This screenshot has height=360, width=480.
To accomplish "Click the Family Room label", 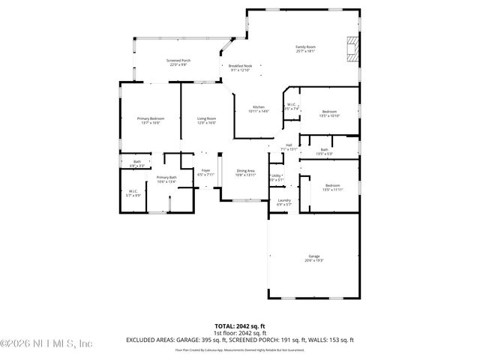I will tap(305, 49).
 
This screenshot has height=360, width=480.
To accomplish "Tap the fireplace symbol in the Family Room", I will tap(352, 49).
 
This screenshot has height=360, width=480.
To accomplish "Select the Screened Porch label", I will tap(178, 62).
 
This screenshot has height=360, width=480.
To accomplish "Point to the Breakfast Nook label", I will tap(240, 67).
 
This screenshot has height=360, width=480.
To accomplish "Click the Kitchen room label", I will tap(258, 109).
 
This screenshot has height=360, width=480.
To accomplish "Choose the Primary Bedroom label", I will tap(150, 120).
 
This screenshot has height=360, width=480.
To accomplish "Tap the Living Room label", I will tap(206, 120).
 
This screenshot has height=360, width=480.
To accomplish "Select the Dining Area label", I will tap(246, 172).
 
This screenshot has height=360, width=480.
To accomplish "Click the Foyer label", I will tap(205, 172).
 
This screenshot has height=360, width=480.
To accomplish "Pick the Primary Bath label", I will tap(166, 179).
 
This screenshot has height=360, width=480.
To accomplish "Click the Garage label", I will tap(312, 258).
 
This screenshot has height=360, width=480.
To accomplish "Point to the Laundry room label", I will tap(284, 202).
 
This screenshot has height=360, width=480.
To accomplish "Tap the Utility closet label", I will tap(276, 177).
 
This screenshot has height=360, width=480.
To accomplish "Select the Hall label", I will tap(289, 147).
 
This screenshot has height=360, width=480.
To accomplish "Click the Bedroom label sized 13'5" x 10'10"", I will tap(330, 113).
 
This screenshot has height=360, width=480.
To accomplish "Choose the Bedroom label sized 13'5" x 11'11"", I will tap(332, 187).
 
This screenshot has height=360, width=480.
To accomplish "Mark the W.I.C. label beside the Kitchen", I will tap(292, 106).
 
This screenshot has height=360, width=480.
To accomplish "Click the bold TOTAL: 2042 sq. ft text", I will tap(240, 325).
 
